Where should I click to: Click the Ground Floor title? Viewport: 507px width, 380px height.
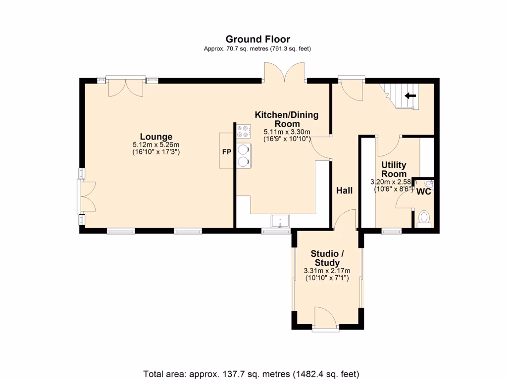257,39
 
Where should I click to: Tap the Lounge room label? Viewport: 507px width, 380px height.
156,137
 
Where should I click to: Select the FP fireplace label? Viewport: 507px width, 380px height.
227,151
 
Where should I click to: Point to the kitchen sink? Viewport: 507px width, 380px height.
280,221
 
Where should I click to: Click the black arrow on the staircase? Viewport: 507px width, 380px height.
410,95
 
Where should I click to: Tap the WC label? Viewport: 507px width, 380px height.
424,191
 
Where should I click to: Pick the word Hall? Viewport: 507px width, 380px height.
344,190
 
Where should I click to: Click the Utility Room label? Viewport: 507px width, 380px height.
394,169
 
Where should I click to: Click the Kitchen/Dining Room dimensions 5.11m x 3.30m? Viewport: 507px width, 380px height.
287,132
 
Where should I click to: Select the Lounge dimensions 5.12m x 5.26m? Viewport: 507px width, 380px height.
156,145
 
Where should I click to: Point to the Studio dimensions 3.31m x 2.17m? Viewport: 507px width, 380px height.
327,271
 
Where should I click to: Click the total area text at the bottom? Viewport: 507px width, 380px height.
251,374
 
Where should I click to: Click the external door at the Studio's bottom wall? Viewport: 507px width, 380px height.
326,318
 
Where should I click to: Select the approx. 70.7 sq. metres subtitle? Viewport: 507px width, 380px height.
257,49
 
